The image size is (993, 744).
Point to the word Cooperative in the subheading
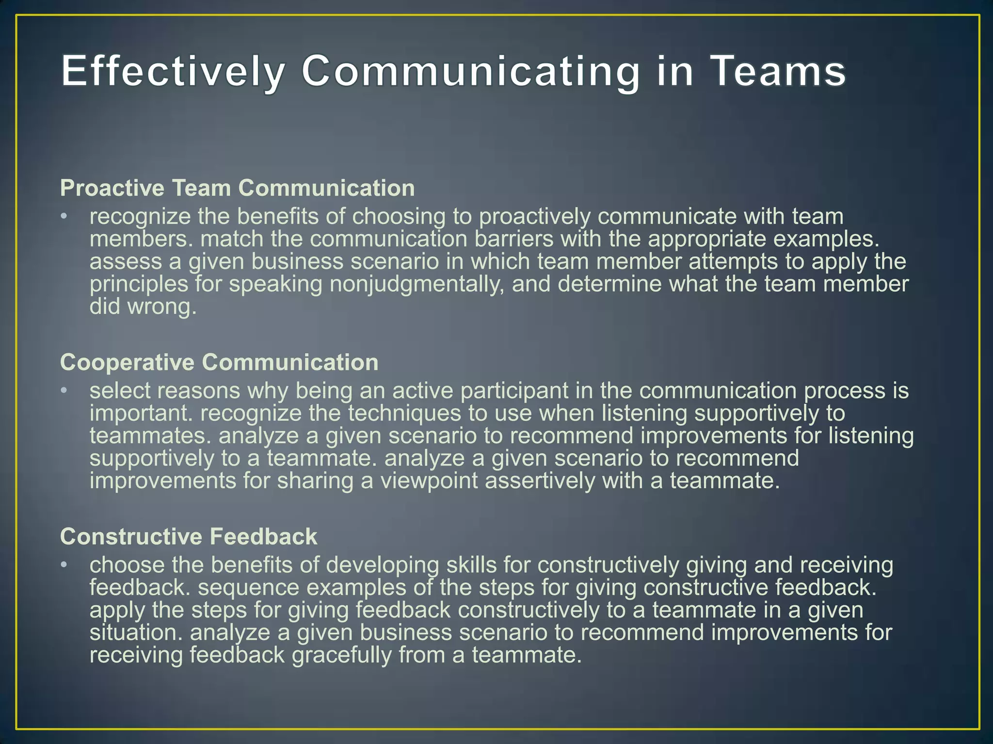(x=127, y=362)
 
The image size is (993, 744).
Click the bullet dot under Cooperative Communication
(x=64, y=390)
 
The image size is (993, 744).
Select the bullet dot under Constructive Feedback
(x=64, y=565)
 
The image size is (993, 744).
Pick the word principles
(x=139, y=284)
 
